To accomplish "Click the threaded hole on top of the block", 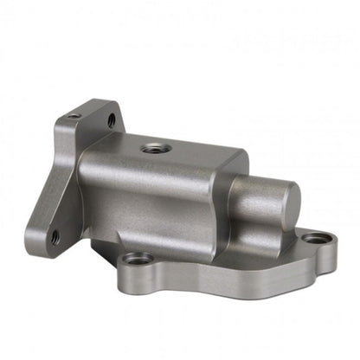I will [155, 148].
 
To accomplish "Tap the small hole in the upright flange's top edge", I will [74, 116].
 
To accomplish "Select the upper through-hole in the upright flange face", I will [111, 121].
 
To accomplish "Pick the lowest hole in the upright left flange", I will [55, 235].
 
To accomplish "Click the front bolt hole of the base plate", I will [136, 258].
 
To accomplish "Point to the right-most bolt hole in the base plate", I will [318, 237].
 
